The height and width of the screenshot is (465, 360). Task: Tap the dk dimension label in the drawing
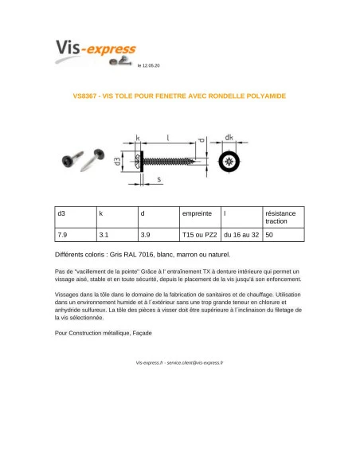click(x=229, y=137)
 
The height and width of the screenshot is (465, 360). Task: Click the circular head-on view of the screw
click(x=229, y=162)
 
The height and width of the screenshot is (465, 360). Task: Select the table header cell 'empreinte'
click(x=197, y=214)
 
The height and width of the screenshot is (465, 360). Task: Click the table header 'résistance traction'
click(x=280, y=217)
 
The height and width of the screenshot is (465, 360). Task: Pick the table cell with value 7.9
click(x=63, y=236)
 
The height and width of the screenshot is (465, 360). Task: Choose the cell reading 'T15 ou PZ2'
click(x=199, y=236)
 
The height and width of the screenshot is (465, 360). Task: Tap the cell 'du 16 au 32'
click(x=241, y=236)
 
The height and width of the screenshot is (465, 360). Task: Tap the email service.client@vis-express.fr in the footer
click(x=195, y=361)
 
